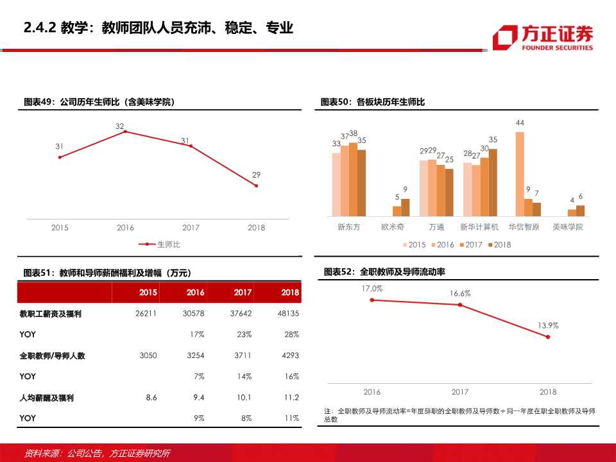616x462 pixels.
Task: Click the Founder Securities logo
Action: point(542,37)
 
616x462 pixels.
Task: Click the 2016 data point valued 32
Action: point(125,132)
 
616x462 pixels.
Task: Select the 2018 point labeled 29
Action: point(256,186)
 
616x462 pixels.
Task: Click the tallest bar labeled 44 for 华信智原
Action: point(520,174)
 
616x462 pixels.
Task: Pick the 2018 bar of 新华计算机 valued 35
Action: point(493,182)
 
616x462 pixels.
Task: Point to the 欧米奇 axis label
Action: point(393,227)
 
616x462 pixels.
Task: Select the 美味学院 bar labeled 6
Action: point(580,210)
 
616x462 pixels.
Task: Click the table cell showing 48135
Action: point(288,314)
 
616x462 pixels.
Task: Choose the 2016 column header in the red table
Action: point(195,292)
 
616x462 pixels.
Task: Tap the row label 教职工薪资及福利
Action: point(51,314)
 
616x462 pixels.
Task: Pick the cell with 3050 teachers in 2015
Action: point(148,355)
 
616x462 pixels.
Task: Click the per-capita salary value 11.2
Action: point(292,398)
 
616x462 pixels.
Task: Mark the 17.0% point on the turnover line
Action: point(372,300)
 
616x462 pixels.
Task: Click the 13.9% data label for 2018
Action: point(548,325)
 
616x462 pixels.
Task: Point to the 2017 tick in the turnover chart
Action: point(459,391)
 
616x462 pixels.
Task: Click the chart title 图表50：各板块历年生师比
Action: point(373,102)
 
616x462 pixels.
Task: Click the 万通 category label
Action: point(436,227)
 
